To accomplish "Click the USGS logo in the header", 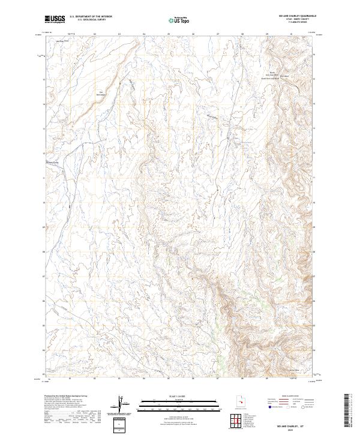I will pos(55,19).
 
